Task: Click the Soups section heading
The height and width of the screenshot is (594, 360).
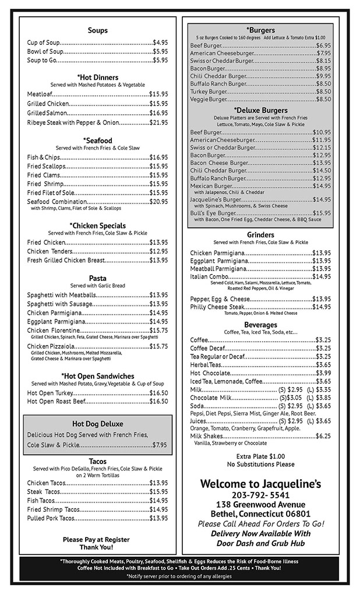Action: [x=97, y=30]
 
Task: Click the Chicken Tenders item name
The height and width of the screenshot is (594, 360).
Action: [x=47, y=251]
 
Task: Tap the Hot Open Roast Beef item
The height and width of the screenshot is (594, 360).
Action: [x=56, y=402]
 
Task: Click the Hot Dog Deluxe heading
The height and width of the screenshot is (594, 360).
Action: [x=97, y=424]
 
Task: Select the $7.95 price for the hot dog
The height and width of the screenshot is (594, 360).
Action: [x=160, y=445]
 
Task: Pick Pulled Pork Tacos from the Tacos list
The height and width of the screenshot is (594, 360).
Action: [x=51, y=518]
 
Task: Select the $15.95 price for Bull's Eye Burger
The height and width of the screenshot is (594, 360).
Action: [x=322, y=213]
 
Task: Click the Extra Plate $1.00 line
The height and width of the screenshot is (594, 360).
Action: [x=260, y=456]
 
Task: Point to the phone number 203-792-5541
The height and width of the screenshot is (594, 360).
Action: [x=260, y=494]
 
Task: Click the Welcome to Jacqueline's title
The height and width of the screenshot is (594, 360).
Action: [x=260, y=484]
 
